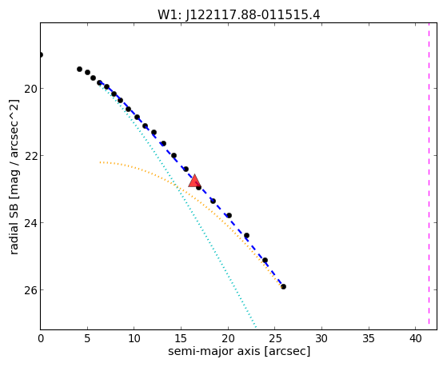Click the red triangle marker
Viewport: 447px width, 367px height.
coord(194,181)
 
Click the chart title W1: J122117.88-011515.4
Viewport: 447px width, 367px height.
coord(239,15)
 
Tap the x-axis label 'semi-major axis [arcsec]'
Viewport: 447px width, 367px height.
coord(239,351)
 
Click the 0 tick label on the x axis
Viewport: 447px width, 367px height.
coord(41,338)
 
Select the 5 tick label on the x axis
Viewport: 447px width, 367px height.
coord(87,338)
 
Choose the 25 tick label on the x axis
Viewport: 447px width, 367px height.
coord(275,338)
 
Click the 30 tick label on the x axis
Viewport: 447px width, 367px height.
coord(321,338)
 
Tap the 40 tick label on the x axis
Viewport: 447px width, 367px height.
coord(416,338)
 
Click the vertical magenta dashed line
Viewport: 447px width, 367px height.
coord(429,176)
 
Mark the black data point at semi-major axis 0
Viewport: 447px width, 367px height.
coord(41,54)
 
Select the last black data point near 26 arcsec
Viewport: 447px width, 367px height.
coord(283,286)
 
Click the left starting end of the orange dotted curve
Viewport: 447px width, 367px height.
coord(100,162)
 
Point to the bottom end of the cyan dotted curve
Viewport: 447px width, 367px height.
coord(256,327)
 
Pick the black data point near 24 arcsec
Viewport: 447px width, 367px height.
coord(265,260)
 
